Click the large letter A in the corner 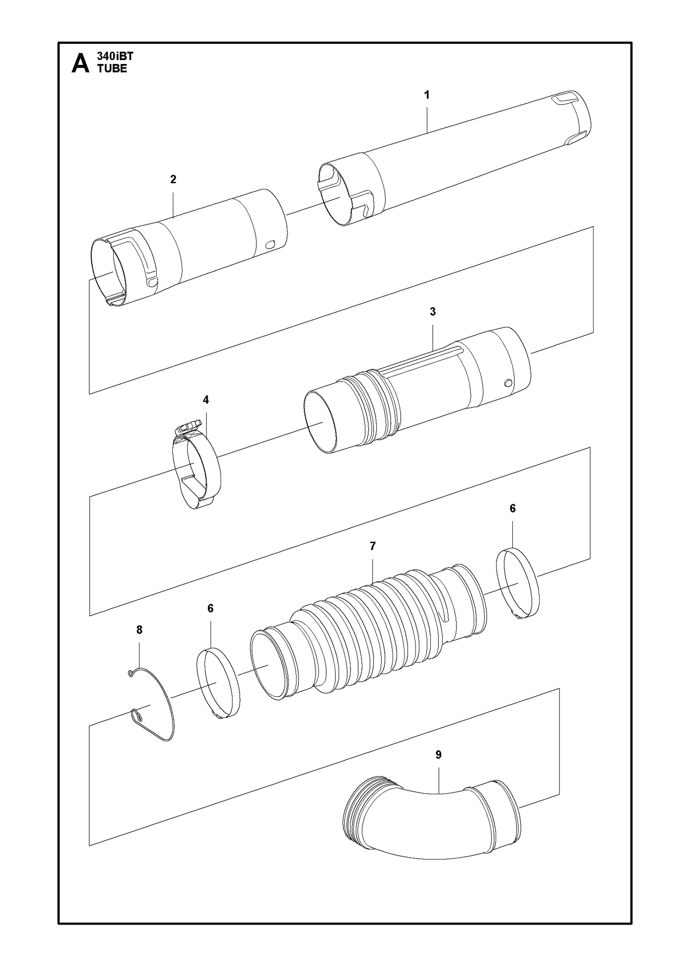(80, 63)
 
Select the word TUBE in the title (112, 69)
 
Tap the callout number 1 (427, 95)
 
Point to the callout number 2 (173, 179)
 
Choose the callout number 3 (433, 312)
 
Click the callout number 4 (206, 400)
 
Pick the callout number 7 (373, 547)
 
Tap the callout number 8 (139, 630)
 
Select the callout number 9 (439, 755)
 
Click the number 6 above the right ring (513, 509)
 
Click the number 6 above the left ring (211, 609)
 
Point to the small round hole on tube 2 (270, 245)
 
